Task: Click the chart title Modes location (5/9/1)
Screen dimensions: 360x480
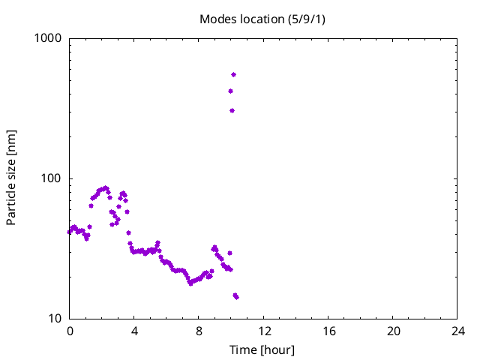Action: click(262, 19)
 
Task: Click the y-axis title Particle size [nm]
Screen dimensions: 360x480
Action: click(11, 178)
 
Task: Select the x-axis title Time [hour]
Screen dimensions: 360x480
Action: click(262, 349)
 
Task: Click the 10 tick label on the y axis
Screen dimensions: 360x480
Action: click(54, 319)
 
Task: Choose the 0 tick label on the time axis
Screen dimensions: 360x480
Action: click(70, 331)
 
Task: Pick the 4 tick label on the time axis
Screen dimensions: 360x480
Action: click(134, 331)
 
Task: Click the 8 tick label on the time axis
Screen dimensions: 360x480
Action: click(199, 331)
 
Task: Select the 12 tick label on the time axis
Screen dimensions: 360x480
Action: click(264, 331)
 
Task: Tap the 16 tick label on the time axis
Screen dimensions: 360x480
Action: click(328, 331)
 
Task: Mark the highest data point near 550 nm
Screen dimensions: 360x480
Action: click(233, 74)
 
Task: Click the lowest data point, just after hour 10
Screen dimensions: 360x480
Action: click(236, 297)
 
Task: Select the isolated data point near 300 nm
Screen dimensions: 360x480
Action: click(232, 110)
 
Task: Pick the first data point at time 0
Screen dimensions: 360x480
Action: click(70, 232)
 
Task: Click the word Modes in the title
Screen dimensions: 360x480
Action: click(217, 19)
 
